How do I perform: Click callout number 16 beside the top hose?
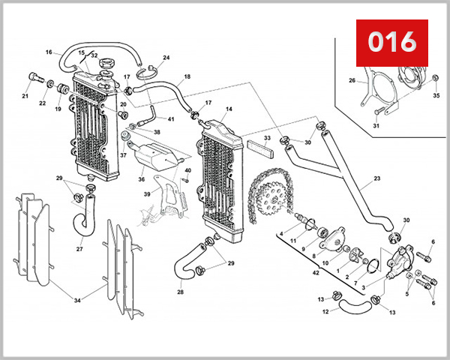[49, 52]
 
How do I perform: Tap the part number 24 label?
[166, 58]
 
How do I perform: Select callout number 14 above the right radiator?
[229, 109]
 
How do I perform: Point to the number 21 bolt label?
[25, 96]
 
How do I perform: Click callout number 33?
[267, 139]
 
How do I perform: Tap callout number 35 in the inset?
[436, 96]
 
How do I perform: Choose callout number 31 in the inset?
[376, 125]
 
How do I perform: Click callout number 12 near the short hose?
[326, 311]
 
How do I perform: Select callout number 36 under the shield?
[141, 179]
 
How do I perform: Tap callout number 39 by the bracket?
[148, 194]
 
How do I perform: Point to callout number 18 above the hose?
[187, 76]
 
